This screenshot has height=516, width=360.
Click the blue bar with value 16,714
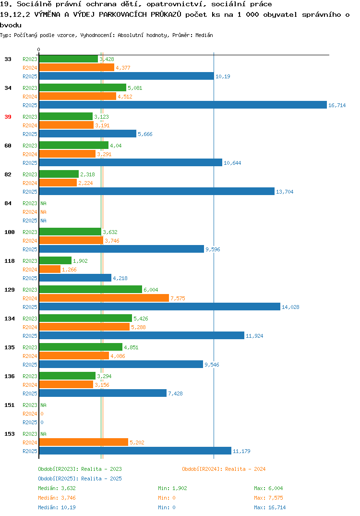183,105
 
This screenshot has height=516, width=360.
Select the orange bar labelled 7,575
104,298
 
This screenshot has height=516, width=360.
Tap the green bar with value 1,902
55,260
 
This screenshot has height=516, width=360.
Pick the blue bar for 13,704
157,192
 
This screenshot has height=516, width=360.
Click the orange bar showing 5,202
84,442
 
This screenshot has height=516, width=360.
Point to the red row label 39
8,117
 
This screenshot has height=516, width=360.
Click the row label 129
10,290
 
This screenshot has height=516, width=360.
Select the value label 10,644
232,163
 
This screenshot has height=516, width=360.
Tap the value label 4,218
120,278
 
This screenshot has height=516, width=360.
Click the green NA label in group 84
43,203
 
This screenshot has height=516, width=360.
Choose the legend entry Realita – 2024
224,469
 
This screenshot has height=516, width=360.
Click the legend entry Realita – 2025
80,479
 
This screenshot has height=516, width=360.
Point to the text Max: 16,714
270,507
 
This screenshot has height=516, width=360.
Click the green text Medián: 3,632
57,488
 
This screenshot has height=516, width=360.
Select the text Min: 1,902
172,488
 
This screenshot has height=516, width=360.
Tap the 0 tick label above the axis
38,49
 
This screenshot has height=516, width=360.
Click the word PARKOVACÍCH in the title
122,14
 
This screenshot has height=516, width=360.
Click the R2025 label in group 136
30,393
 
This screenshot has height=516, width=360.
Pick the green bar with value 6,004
90,289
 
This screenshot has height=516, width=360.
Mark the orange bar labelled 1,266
49,269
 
